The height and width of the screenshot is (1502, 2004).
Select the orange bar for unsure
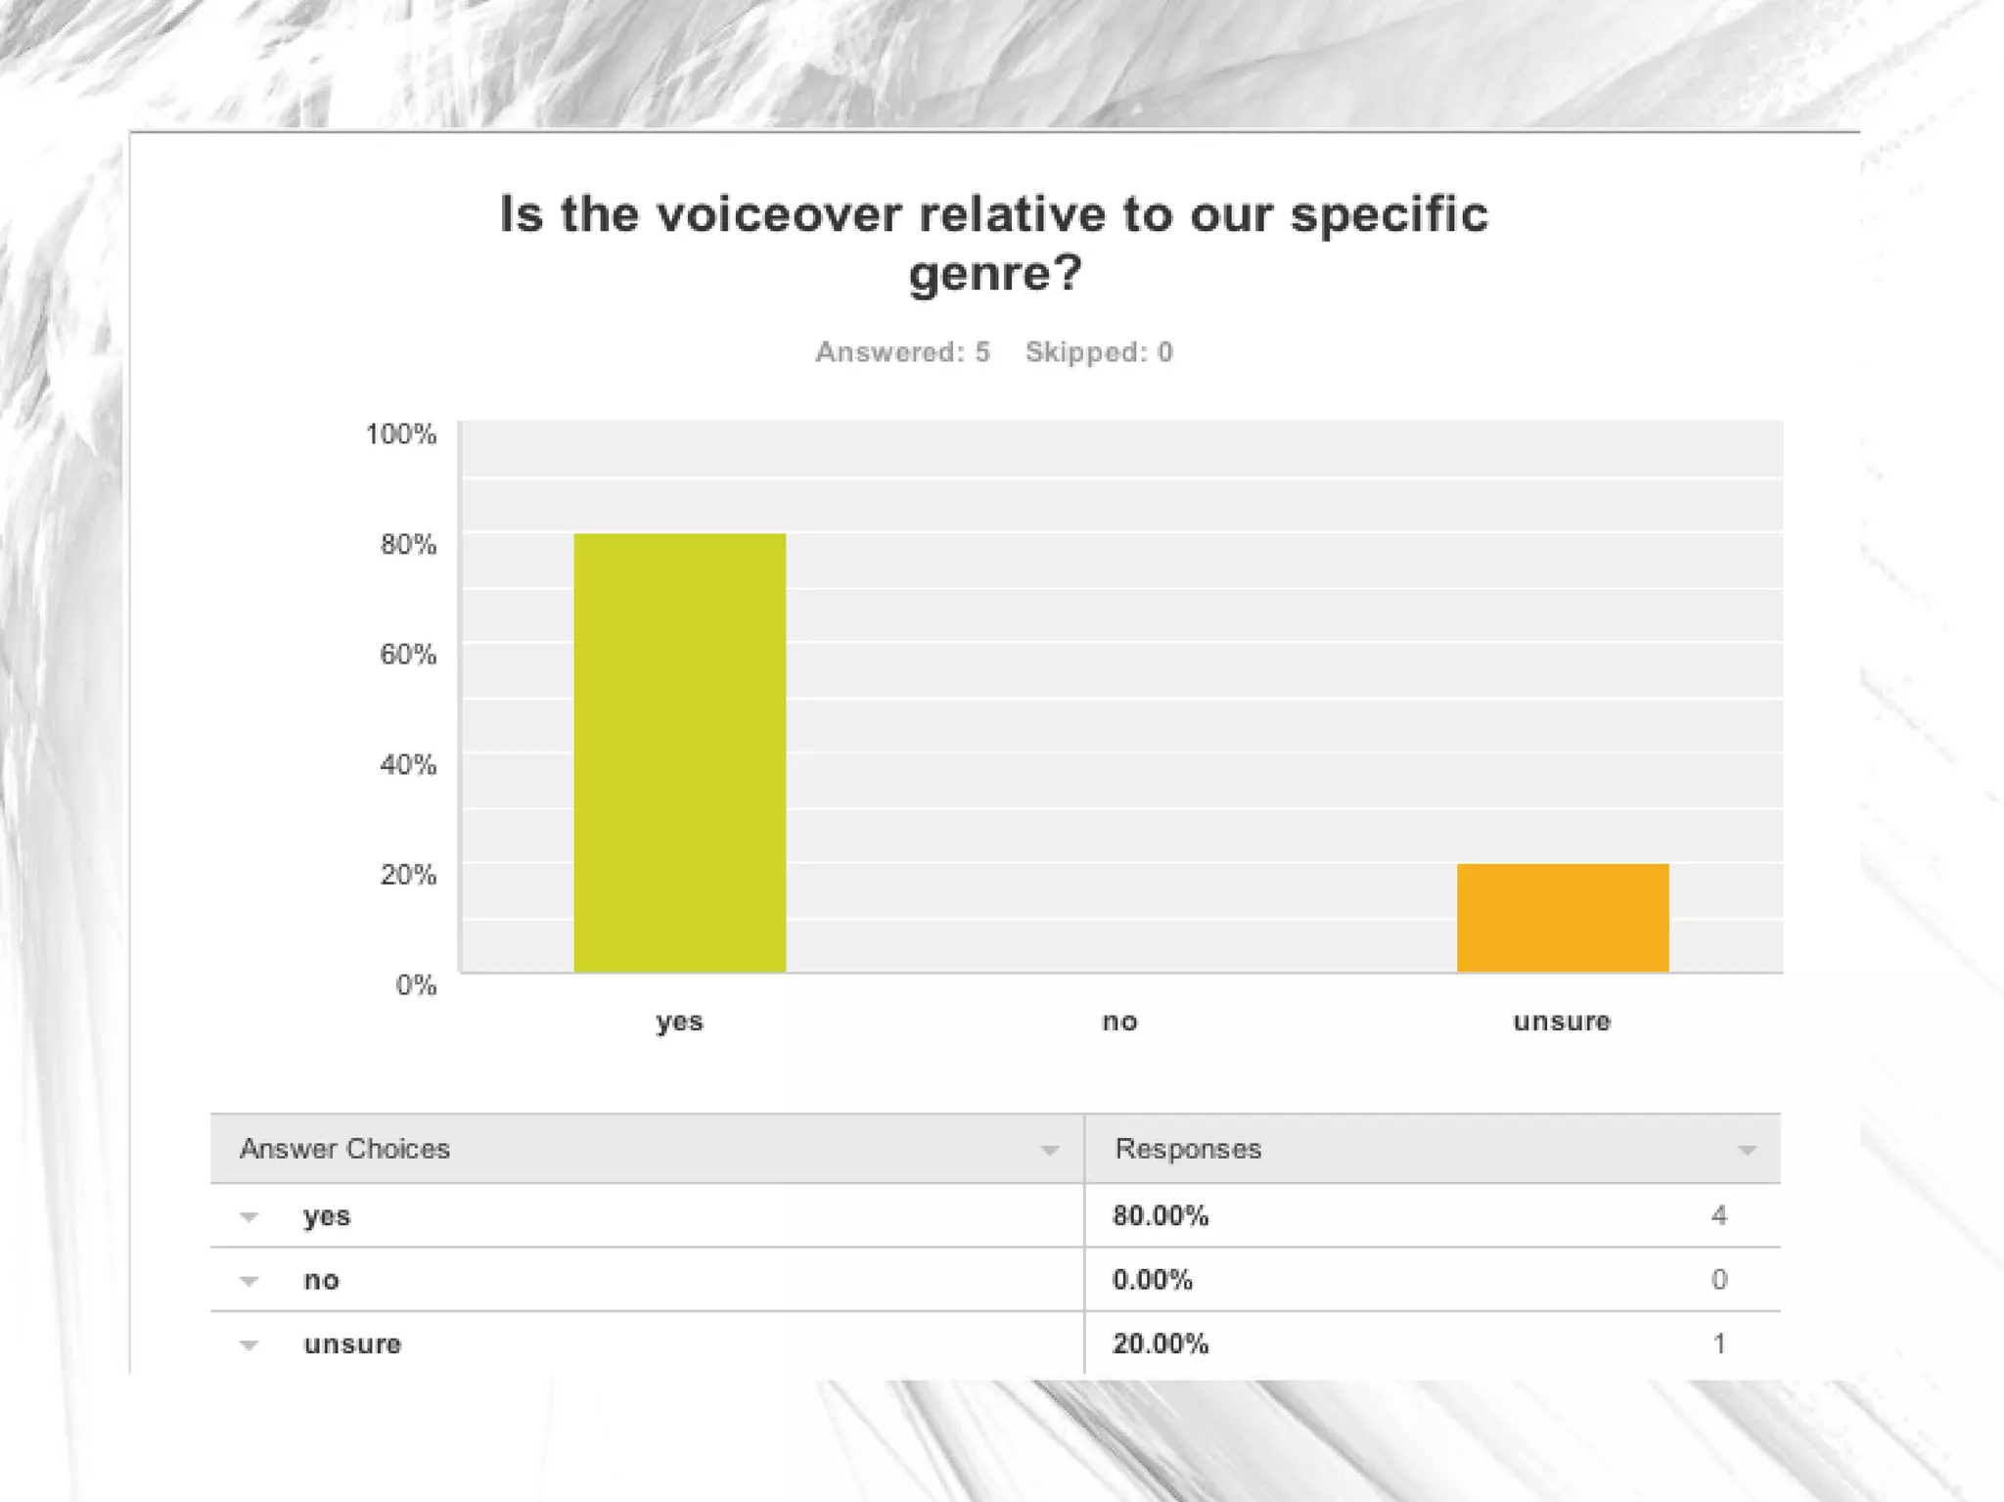[x=1563, y=917]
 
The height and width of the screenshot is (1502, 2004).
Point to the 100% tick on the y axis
[x=401, y=433]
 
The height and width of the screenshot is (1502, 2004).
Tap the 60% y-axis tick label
[x=408, y=654]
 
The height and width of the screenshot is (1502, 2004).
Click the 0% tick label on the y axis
[x=416, y=984]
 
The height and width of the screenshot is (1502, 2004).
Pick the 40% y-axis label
[x=408, y=764]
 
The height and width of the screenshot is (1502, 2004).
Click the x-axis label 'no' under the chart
[x=1119, y=1022]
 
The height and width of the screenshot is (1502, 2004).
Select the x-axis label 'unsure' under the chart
[x=1562, y=1022]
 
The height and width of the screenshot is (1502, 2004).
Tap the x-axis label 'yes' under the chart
[x=679, y=1022]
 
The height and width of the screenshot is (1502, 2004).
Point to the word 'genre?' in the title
[x=995, y=272]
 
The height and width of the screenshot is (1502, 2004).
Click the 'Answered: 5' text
[x=902, y=352]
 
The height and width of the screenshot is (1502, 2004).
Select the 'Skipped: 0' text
[x=1099, y=352]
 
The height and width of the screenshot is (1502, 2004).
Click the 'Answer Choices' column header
[x=344, y=1149]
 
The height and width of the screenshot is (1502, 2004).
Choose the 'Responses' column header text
[x=1188, y=1149]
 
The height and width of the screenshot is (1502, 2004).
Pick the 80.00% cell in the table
[x=1161, y=1216]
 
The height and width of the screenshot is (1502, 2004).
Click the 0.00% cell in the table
[x=1153, y=1280]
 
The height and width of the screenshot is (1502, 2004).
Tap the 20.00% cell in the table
[x=1161, y=1344]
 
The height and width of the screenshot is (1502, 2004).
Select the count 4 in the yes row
[x=1719, y=1216]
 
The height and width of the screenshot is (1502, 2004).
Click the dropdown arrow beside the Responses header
[x=1747, y=1151]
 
